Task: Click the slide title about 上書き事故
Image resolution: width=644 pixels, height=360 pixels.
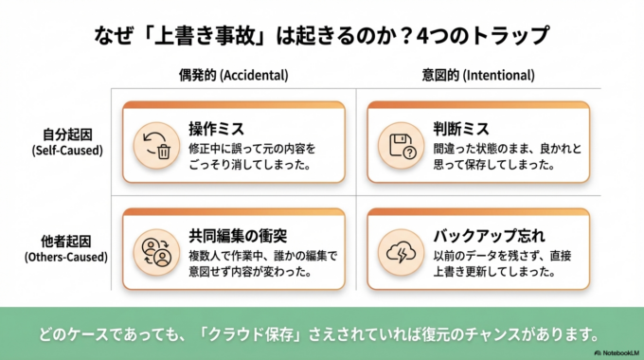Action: tap(322, 35)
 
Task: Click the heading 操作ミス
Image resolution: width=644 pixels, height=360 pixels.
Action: tap(215, 129)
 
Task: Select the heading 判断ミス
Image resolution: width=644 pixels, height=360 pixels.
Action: tap(458, 129)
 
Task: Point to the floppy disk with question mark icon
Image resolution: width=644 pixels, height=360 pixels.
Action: tap(398, 144)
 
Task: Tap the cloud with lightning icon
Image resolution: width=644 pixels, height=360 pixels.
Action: tap(398, 250)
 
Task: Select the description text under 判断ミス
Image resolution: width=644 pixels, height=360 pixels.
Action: tap(499, 156)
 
